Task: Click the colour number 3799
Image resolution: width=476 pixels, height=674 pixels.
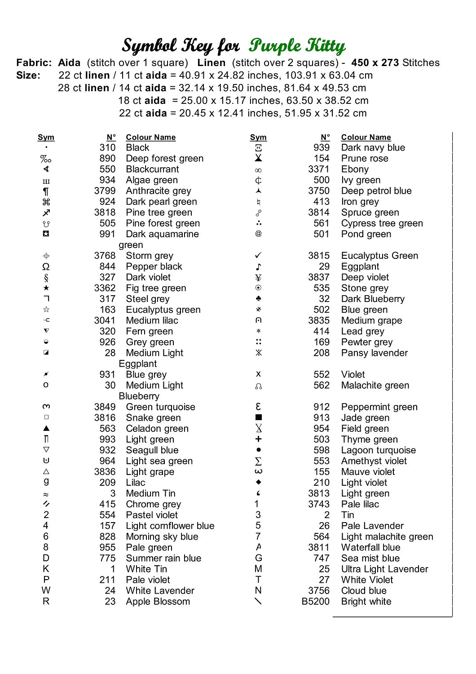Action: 105,191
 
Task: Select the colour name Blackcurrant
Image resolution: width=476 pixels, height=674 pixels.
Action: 152,169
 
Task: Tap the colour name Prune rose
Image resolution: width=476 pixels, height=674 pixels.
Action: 365,159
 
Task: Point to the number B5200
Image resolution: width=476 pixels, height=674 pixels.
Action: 315,602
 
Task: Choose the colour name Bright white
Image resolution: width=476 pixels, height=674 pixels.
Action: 366,602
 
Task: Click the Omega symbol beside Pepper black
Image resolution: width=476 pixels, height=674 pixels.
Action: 46,267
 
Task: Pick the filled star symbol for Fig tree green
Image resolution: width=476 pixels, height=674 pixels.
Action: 46,288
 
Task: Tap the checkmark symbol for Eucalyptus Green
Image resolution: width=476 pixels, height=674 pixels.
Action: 258,256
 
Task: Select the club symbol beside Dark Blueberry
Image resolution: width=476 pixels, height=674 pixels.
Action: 258,299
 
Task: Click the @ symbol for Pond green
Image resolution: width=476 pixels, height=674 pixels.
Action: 258,234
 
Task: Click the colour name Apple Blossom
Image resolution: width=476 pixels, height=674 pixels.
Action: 158,602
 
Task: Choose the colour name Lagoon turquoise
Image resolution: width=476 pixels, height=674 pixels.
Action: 378,450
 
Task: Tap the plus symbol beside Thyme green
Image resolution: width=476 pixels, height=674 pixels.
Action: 258,439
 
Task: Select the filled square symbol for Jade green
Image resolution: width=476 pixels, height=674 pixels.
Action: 258,417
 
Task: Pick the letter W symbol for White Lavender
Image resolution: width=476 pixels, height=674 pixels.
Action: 46,590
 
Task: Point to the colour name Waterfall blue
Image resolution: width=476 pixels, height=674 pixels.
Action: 370,547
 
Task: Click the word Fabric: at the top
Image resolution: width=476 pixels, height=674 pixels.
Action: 34,63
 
